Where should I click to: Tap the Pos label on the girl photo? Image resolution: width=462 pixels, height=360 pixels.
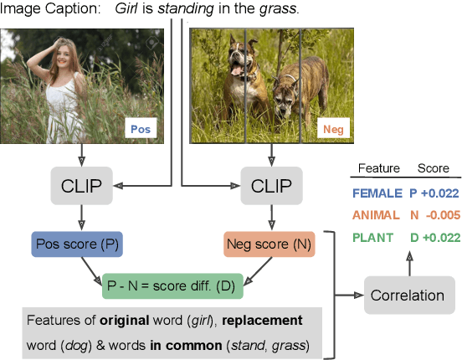140,130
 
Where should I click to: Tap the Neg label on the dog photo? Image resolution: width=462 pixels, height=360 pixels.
334,130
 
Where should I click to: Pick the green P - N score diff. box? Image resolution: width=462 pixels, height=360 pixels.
171,285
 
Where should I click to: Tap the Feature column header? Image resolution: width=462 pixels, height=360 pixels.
378,168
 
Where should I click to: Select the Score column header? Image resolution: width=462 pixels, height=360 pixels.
434,168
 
